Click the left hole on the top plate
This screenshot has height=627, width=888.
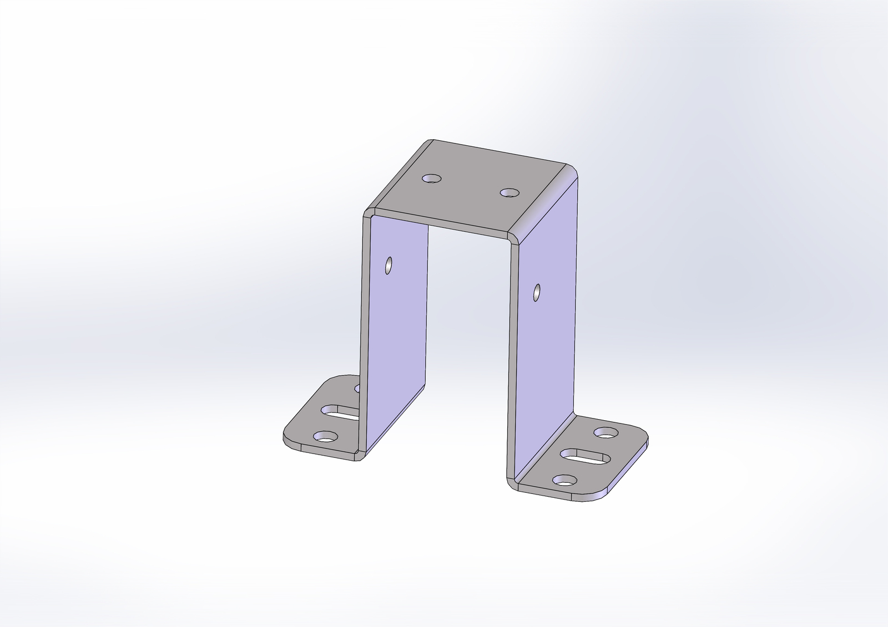click(431, 179)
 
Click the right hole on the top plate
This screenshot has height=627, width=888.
click(509, 193)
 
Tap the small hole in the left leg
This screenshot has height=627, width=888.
click(388, 266)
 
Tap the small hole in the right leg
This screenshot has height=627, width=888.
click(537, 292)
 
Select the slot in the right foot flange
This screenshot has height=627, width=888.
click(586, 456)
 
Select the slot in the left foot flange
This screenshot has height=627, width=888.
click(340, 411)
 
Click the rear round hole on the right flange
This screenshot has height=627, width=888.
click(606, 431)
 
